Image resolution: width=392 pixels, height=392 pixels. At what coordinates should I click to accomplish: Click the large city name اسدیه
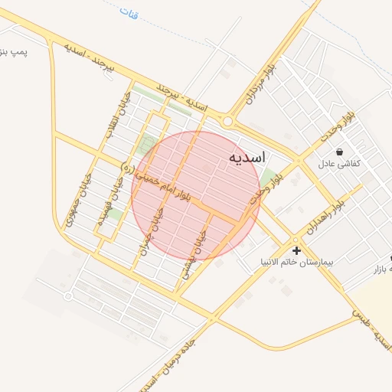point(247,157)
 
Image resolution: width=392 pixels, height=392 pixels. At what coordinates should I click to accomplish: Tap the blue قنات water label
point(129,12)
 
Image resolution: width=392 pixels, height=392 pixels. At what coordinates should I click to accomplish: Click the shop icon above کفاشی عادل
point(339,152)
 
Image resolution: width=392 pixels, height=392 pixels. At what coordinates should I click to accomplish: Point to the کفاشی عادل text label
point(339,164)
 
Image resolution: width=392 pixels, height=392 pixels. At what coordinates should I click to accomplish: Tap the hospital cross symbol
point(296,250)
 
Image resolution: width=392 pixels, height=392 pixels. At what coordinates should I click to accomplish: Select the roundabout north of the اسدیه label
point(227,121)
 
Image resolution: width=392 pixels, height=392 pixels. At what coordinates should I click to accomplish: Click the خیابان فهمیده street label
point(101,205)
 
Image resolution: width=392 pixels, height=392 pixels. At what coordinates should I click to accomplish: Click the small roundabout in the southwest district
point(68,296)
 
